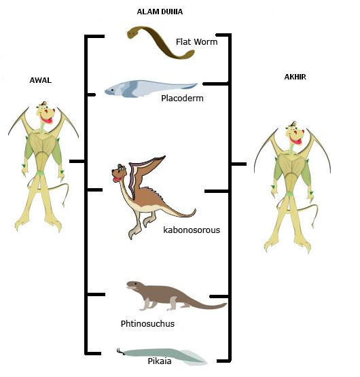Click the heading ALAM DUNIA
tap(160, 12)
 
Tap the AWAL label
tap(40, 80)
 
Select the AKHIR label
tap(295, 77)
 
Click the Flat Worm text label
tap(196, 42)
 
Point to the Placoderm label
tap(182, 98)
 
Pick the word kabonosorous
tap(192, 230)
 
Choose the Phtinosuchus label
tap(147, 323)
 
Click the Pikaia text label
tap(160, 361)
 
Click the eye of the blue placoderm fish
tap(112, 90)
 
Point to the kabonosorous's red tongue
tap(116, 179)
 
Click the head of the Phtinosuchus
tap(134, 285)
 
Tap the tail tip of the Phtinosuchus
tap(226, 304)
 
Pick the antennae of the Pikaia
tap(120, 351)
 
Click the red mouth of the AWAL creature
tap(47, 119)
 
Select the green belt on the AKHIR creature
tap(289, 194)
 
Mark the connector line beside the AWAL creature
tap(77, 161)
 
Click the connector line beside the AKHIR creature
tap(238, 164)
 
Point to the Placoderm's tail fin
tap(190, 86)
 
